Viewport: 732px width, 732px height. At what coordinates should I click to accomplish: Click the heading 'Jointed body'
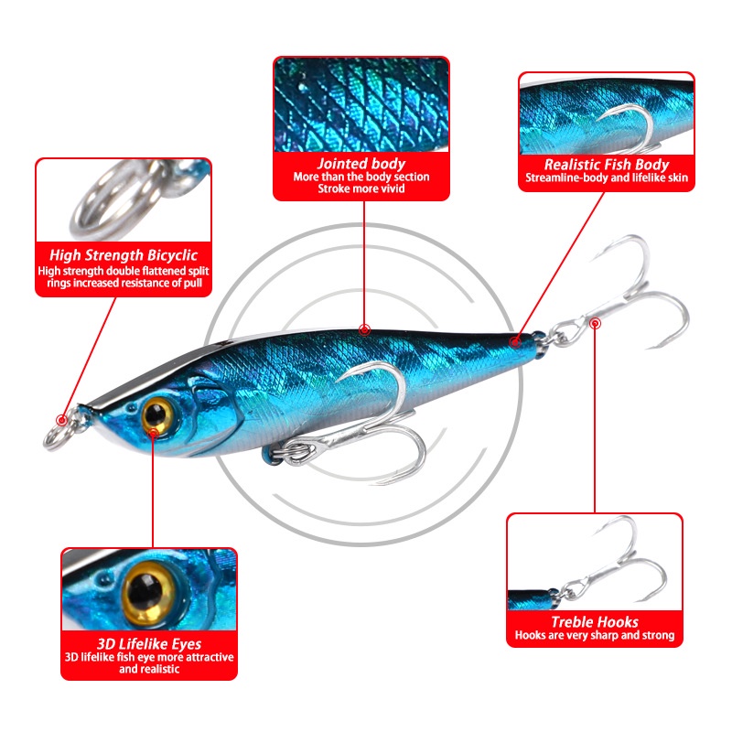pyautogui.click(x=361, y=163)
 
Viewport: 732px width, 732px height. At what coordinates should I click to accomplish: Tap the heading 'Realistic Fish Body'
pyautogui.click(x=607, y=164)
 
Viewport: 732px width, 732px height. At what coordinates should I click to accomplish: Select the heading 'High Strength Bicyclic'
pyautogui.click(x=124, y=256)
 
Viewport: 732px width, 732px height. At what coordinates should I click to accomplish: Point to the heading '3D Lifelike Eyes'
pyautogui.click(x=149, y=643)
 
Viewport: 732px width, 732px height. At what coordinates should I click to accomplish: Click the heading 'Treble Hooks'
pyautogui.click(x=595, y=621)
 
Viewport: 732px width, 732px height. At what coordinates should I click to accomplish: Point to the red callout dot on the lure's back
pyautogui.click(x=364, y=328)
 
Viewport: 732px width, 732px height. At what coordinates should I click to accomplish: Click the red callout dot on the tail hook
pyautogui.click(x=596, y=322)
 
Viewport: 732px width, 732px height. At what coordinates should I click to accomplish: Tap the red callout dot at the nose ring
pyautogui.click(x=62, y=421)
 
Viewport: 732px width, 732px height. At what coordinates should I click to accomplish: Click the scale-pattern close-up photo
pyautogui.click(x=361, y=105)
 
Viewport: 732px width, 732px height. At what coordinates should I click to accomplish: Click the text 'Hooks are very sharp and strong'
pyautogui.click(x=595, y=635)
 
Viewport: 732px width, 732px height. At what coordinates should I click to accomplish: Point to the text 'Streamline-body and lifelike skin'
pyautogui.click(x=607, y=178)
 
